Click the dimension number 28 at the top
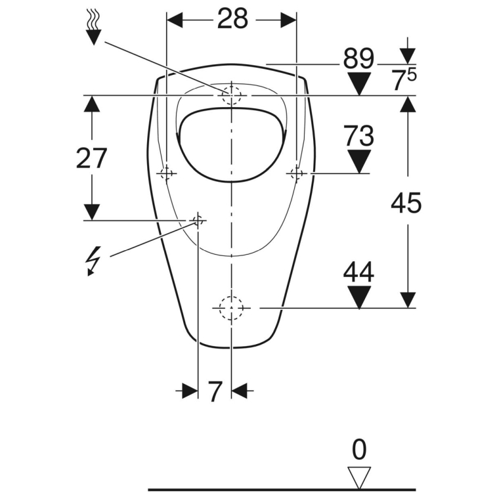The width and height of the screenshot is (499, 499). click(x=232, y=18)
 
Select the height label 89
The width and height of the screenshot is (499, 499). click(x=358, y=58)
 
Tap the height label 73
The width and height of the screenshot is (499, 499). click(x=358, y=135)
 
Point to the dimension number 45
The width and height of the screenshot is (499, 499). click(x=406, y=203)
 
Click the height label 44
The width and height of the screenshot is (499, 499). click(x=358, y=272)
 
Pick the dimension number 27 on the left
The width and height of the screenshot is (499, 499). click(x=91, y=158)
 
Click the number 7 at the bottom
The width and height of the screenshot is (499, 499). click(x=215, y=391)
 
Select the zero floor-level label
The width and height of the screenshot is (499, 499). click(x=359, y=449)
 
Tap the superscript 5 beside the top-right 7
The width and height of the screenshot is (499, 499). click(x=411, y=76)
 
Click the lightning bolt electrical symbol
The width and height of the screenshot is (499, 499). click(x=93, y=260)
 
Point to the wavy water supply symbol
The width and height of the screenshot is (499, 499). click(x=93, y=27)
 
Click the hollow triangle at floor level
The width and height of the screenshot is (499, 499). click(x=359, y=478)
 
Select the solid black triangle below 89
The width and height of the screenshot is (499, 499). click(x=359, y=83)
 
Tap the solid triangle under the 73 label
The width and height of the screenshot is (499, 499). click(x=359, y=162)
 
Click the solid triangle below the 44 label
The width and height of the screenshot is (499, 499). click(x=359, y=297)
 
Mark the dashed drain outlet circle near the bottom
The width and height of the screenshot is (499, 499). click(x=231, y=308)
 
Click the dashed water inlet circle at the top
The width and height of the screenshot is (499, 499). click(x=231, y=95)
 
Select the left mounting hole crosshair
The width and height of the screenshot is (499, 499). click(x=167, y=173)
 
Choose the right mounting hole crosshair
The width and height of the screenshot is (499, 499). click(x=296, y=173)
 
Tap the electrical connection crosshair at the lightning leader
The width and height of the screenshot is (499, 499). click(x=198, y=220)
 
